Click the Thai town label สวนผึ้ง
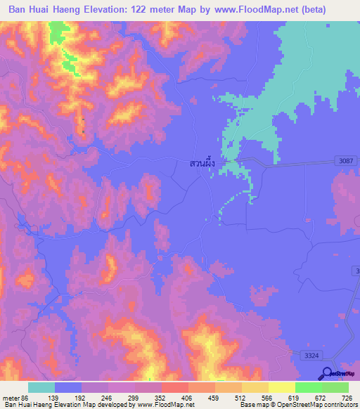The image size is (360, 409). (x=201, y=163)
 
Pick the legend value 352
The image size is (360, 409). (x=160, y=397)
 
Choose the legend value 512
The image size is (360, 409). (x=240, y=397)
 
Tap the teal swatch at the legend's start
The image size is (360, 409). (x=41, y=387)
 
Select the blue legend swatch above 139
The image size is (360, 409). (x=67, y=387)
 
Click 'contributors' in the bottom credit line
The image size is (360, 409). (x=339, y=405)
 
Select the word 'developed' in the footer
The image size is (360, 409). (x=110, y=405)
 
